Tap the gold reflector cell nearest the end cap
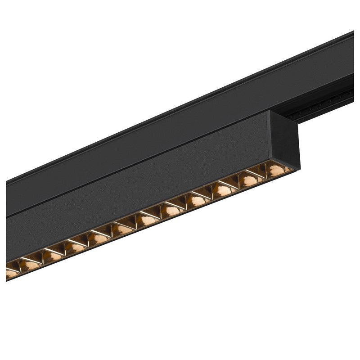pyautogui.click(x=274, y=169)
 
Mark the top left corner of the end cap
pyautogui.click(x=270, y=111)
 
